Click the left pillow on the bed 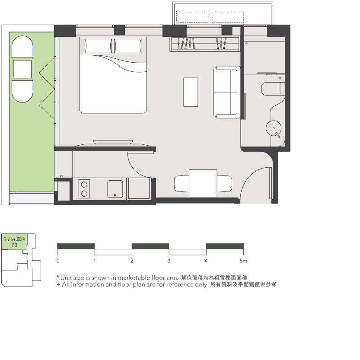pos(98,46)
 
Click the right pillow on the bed pos(128,46)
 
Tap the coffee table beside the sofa pos(191,92)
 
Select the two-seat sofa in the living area pos(227,92)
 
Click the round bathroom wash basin pos(274,128)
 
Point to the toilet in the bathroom pos(273,89)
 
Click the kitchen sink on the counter pos(115,189)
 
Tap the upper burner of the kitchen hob pos(84,185)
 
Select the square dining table pos(203,183)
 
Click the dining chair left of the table pos(182,183)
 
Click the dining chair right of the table pos(225,183)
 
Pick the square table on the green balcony pos(22,69)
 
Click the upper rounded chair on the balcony pos(22,47)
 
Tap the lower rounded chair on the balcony pos(22,91)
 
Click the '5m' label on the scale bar pos(243,261)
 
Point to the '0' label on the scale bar pos(58,261)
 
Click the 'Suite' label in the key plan pos(9,239)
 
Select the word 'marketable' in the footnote pos(134,278)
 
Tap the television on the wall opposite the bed pos(113,142)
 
